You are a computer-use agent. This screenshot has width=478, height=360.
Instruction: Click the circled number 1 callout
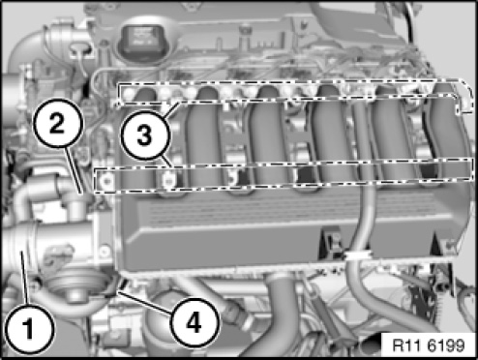tap(29, 328)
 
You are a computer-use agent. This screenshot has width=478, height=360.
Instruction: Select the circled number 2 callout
tap(57, 123)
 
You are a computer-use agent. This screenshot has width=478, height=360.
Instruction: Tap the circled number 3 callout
tap(145, 135)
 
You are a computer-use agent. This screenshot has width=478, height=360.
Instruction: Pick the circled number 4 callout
tap(194, 322)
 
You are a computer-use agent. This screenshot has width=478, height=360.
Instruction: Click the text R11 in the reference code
tap(408, 345)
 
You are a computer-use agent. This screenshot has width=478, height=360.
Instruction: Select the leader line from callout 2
tap(74, 169)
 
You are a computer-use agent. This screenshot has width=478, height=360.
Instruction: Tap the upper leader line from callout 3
tap(171, 109)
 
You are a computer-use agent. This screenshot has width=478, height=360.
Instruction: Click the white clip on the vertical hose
tap(357, 255)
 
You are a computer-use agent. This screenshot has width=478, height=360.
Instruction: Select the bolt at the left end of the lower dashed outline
tap(105, 181)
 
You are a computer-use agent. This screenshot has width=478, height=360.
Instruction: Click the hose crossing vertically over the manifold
tap(361, 181)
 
